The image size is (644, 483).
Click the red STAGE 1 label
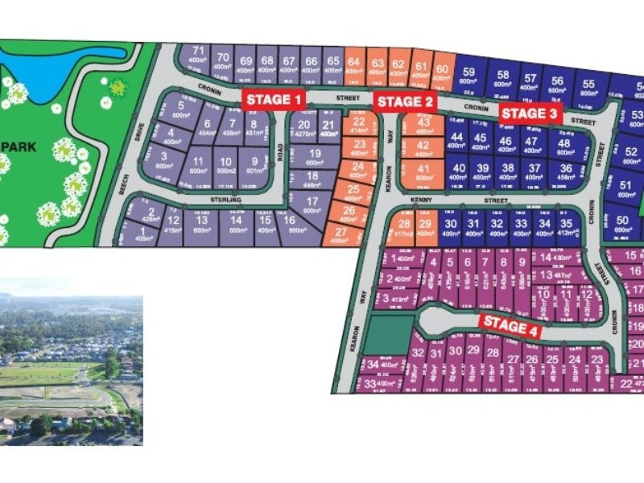[275, 100]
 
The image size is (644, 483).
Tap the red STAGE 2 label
[406, 101]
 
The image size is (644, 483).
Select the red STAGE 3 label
[528, 114]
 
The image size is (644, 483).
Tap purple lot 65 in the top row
[332, 60]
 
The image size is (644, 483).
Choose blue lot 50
[621, 222]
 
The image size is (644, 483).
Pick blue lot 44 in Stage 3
[457, 141]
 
